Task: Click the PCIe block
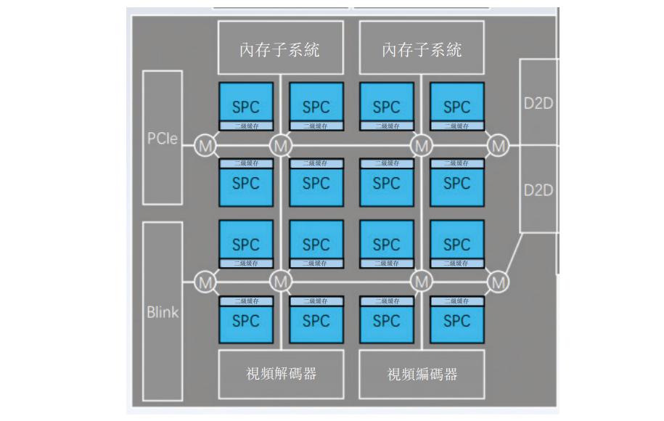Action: (162, 137)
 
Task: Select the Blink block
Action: (162, 313)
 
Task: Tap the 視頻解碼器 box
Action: (280, 374)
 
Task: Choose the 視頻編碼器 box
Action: (422, 374)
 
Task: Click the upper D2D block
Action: (538, 102)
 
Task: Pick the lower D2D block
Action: (538, 189)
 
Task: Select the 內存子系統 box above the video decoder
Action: (280, 49)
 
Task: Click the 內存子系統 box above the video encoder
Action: (422, 49)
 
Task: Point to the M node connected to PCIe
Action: (206, 146)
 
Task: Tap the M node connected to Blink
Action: (206, 281)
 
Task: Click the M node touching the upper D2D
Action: (498, 146)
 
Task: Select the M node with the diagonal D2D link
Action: (498, 281)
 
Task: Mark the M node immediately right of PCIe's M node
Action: (280, 146)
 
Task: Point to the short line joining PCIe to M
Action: (189, 146)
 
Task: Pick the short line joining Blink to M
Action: (189, 281)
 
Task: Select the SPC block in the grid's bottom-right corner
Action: (456, 320)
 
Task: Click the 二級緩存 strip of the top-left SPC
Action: (245, 126)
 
